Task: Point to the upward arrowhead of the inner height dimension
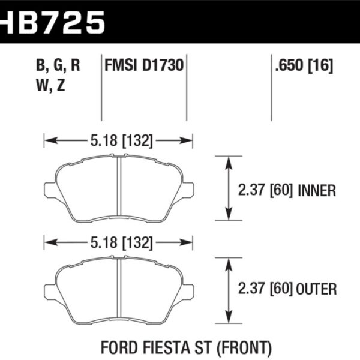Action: [228, 161]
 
